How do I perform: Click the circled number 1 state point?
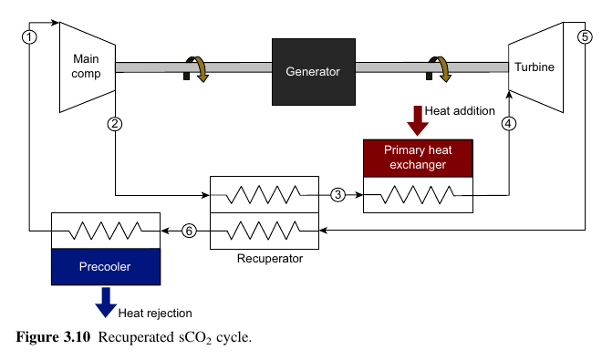(x=30, y=37)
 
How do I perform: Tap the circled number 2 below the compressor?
(x=115, y=124)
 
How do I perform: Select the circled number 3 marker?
(x=338, y=194)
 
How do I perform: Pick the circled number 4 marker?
(x=509, y=123)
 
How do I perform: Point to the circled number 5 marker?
(x=585, y=37)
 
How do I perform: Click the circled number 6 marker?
(x=189, y=231)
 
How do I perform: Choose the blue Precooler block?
(x=105, y=268)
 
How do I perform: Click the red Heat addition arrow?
(x=418, y=118)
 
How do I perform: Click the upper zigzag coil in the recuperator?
(x=265, y=194)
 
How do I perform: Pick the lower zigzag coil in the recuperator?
(x=265, y=231)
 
